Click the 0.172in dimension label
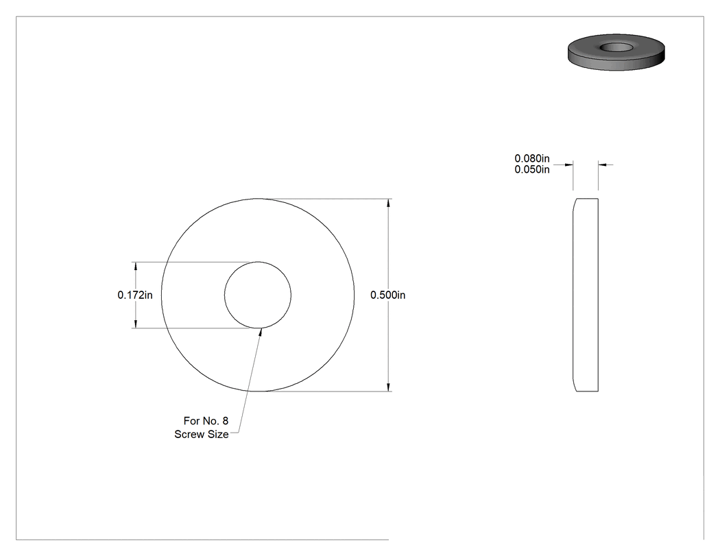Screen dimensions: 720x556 click(135, 295)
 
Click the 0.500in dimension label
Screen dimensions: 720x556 click(388, 295)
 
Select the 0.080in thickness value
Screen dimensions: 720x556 click(531, 158)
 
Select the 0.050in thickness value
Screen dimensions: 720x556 click(531, 169)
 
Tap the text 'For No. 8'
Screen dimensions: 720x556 click(206, 420)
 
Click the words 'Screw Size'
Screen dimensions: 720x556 click(202, 435)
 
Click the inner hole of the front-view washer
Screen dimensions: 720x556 click(258, 295)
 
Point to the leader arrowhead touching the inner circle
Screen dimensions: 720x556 click(260, 332)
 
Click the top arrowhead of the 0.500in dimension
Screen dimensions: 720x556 click(389, 204)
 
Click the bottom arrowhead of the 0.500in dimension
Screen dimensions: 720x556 click(389, 387)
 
